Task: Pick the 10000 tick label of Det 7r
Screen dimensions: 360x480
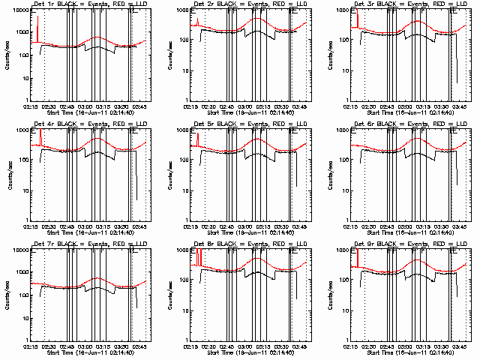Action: click(17, 250)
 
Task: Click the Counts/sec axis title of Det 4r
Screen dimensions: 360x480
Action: click(7, 174)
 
